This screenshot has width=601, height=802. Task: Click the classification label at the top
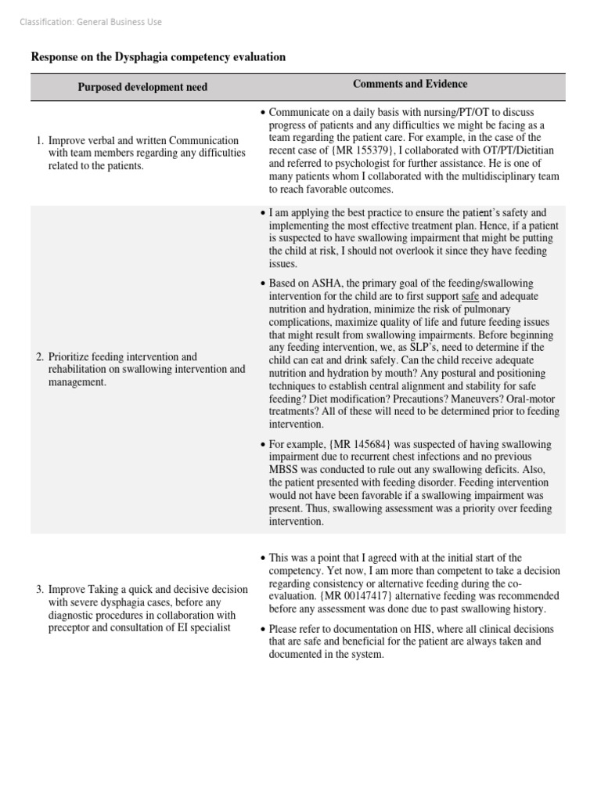(90, 22)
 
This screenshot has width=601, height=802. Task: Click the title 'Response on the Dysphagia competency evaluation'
(157, 57)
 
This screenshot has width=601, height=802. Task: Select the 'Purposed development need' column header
(142, 87)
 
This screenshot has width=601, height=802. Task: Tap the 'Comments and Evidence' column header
(410, 84)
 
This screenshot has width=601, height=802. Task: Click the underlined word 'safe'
(470, 296)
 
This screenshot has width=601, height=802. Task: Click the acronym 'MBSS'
(283, 469)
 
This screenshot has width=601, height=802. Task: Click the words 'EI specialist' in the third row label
(203, 628)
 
